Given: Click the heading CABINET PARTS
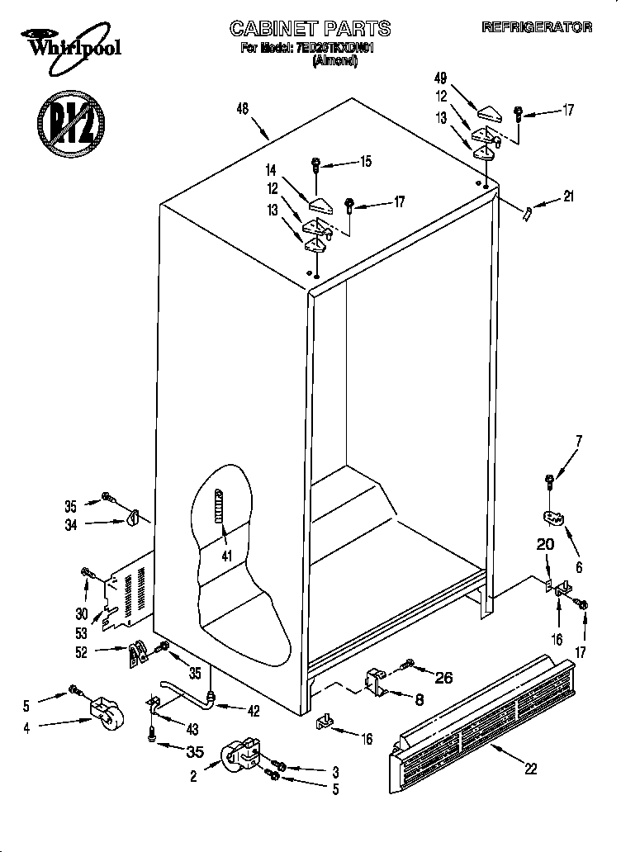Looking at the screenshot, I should point(310,28).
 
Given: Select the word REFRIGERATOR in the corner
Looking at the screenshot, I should point(537,27).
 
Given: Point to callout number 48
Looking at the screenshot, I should point(242,108).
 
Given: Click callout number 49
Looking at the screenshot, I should point(440,78).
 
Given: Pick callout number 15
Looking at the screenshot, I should point(366,163).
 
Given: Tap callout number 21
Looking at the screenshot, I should point(567,196).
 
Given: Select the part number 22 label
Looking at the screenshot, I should point(530,768).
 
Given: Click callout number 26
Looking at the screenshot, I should point(443,679).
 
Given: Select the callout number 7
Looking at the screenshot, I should point(579,440).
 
